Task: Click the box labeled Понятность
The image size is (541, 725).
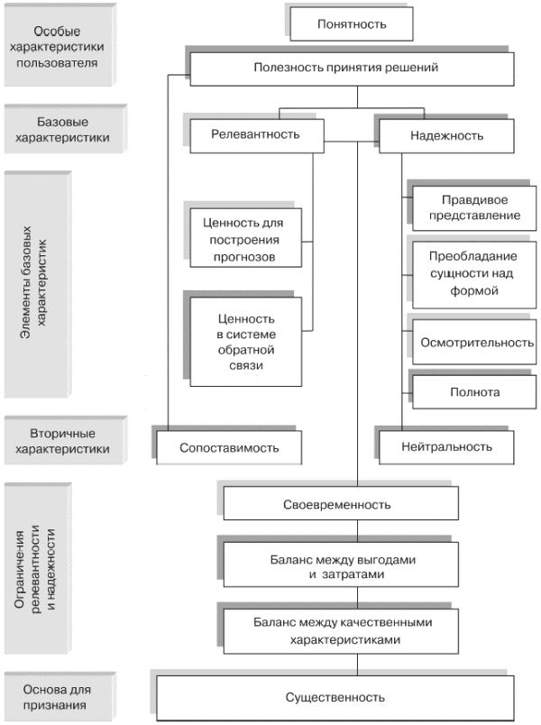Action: point(352,24)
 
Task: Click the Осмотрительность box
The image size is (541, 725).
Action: point(477,343)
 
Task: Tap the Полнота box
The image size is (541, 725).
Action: point(475,391)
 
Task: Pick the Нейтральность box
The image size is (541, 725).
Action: point(447,446)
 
